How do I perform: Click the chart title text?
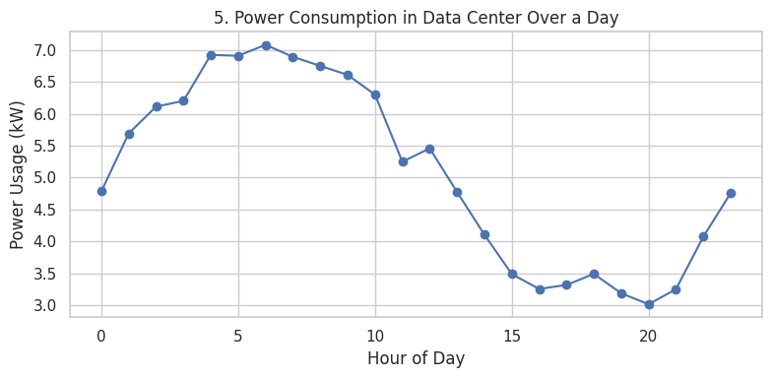[x=416, y=18]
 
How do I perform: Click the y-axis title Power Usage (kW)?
[x=18, y=174]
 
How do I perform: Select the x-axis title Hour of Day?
[x=416, y=359]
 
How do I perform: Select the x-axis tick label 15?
[x=512, y=336]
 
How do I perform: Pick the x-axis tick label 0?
[x=101, y=336]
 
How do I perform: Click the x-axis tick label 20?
[x=649, y=336]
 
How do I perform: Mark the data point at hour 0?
[x=101, y=191]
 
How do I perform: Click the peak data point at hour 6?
[x=266, y=45]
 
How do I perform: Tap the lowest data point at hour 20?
[x=649, y=304]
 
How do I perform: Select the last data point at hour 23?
[x=731, y=193]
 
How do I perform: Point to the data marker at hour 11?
[x=403, y=161]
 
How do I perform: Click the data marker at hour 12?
[x=429, y=149]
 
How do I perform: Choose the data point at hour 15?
[x=512, y=274]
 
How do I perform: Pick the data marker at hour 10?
[x=375, y=94]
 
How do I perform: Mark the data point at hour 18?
[x=594, y=274]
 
